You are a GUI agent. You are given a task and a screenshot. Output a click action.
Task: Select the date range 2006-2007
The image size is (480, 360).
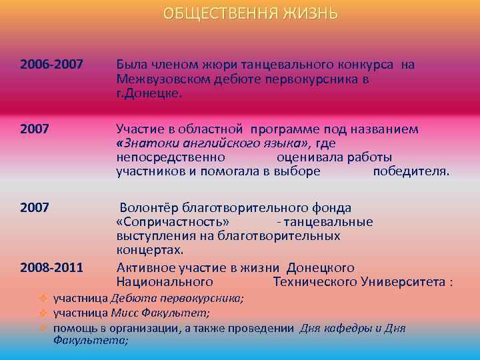51,65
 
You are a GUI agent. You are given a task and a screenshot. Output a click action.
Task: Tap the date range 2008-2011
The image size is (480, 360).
51,268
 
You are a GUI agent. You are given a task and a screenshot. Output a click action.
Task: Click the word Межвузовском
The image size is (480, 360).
164,79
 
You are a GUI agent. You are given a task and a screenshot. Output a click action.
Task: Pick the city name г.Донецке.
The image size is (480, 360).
148,93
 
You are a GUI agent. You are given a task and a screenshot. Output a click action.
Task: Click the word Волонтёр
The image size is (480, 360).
153,207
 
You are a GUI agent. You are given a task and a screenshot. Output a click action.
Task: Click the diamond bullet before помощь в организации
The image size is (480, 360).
42,328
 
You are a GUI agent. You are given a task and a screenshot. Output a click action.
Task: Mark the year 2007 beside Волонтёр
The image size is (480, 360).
35,207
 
